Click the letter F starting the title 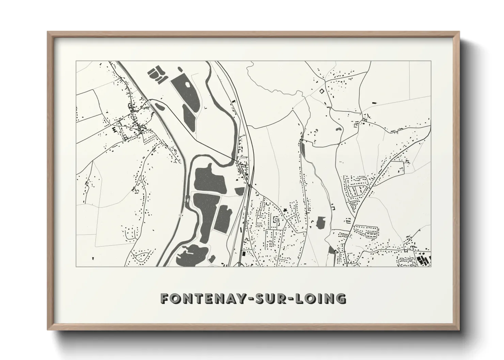pos(165,298)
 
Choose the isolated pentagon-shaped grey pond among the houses pos(321,223)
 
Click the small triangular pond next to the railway pos(240,191)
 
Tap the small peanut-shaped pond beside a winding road pos(339,129)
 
